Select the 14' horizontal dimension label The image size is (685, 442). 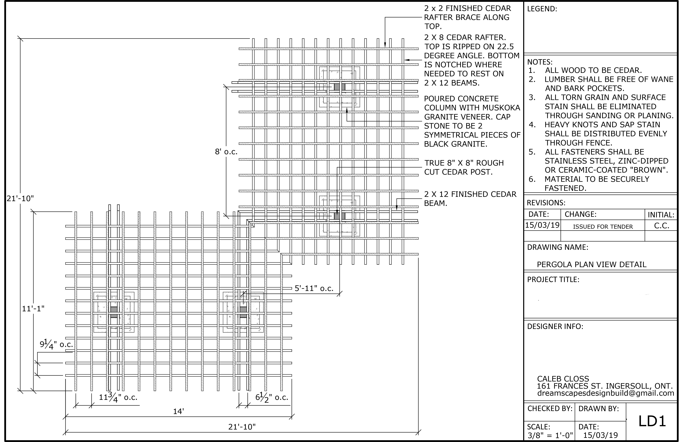point(178,411)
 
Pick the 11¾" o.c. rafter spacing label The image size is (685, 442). point(118,398)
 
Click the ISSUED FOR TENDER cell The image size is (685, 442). point(603,227)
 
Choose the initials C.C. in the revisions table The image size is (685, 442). point(661,226)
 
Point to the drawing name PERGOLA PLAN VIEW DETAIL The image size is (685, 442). point(591,264)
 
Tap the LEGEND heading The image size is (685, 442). point(542,9)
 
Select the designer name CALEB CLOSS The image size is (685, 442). point(563,379)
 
